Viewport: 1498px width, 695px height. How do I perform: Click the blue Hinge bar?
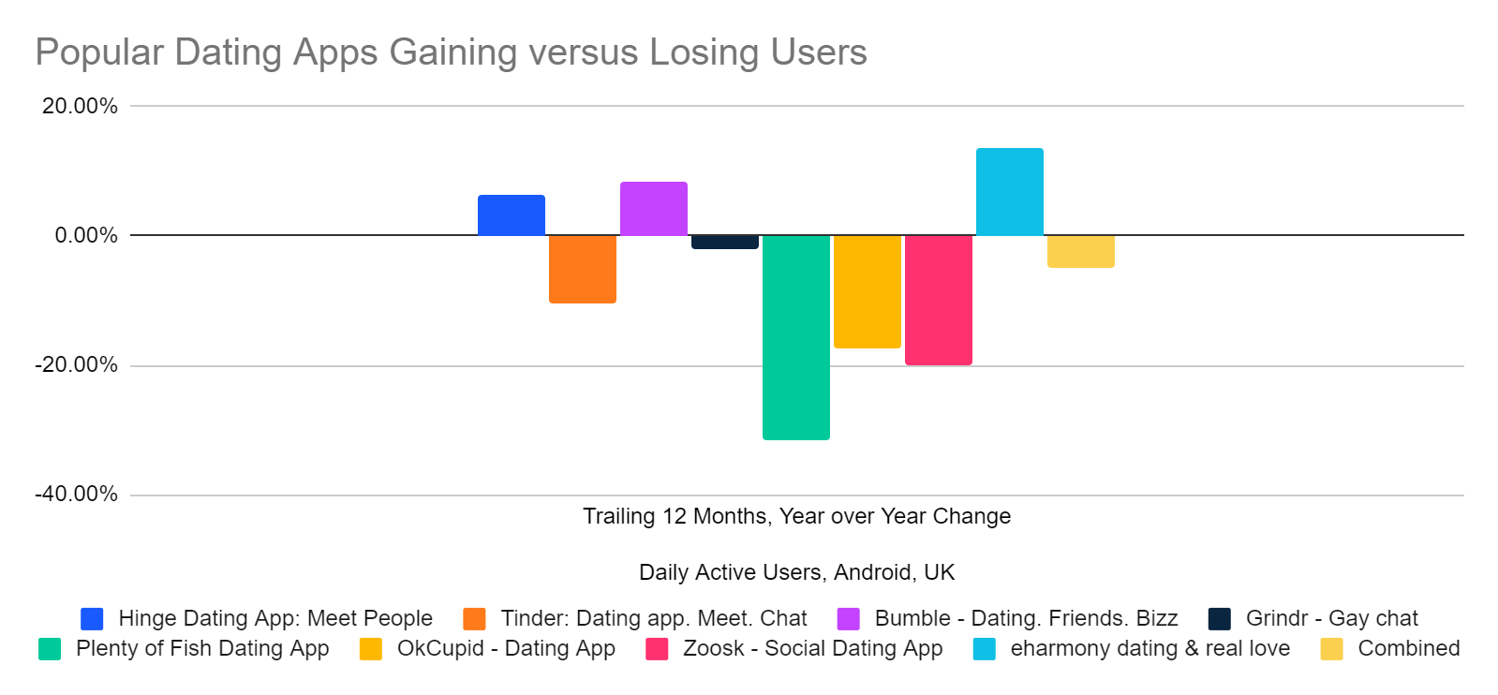pyautogui.click(x=511, y=215)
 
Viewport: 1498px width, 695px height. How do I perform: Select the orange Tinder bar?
pyautogui.click(x=582, y=269)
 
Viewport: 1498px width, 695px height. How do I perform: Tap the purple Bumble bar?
pyautogui.click(x=653, y=209)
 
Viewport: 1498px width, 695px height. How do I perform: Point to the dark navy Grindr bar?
pyautogui.click(x=724, y=242)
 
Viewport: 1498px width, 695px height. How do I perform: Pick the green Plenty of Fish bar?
pyautogui.click(x=795, y=337)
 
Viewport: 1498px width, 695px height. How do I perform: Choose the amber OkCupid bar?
pyautogui.click(x=867, y=291)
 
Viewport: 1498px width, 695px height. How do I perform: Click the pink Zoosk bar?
pyautogui.click(x=938, y=300)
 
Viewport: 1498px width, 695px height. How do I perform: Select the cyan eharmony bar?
pyautogui.click(x=1009, y=192)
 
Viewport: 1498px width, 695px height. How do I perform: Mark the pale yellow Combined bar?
pyautogui.click(x=1080, y=251)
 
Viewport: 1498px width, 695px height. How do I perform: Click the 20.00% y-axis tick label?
pyautogui.click(x=80, y=106)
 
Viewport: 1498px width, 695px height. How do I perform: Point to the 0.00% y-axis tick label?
pyautogui.click(x=86, y=235)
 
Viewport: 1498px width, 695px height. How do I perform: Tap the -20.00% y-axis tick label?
pyautogui.click(x=77, y=364)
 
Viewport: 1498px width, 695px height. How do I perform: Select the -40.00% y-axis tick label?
pyautogui.click(x=77, y=494)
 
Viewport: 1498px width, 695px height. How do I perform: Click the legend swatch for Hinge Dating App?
pyautogui.click(x=92, y=619)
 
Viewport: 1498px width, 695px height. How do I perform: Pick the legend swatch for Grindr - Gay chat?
pyautogui.click(x=1219, y=619)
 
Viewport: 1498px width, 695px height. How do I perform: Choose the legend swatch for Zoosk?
pyautogui.click(x=657, y=649)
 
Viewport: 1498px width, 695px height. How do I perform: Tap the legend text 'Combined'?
pyautogui.click(x=1408, y=648)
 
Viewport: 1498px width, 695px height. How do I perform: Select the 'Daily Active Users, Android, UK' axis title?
pyautogui.click(x=796, y=572)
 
